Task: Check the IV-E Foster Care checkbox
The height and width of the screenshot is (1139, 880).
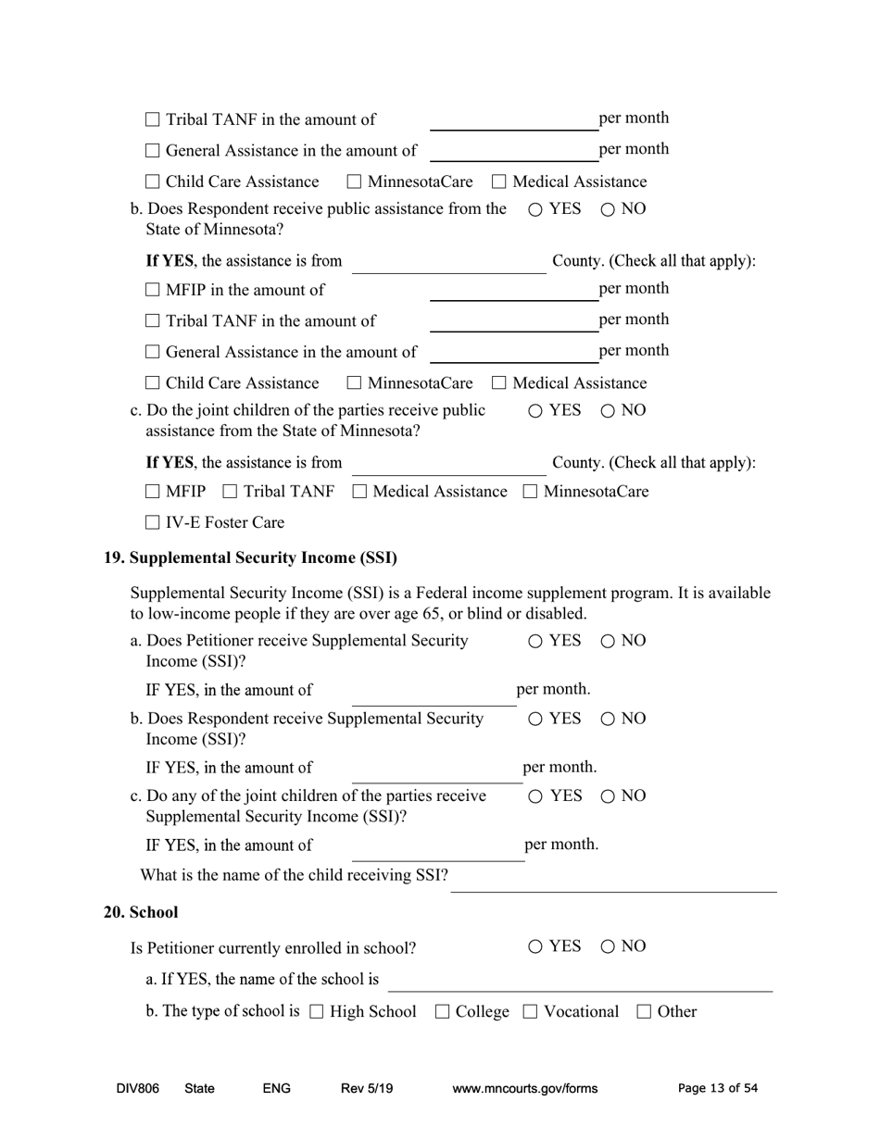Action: (x=153, y=523)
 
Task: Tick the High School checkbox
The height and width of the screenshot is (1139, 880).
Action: (x=317, y=1012)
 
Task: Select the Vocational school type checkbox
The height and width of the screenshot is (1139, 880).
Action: (x=531, y=1012)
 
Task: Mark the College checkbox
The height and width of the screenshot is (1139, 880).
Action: (x=443, y=1012)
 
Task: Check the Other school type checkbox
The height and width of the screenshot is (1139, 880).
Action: (x=645, y=1012)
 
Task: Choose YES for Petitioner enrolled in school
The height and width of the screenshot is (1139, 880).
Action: (x=536, y=946)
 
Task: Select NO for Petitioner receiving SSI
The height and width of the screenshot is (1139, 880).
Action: (x=608, y=641)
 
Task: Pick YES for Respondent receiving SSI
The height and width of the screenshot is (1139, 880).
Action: (x=536, y=719)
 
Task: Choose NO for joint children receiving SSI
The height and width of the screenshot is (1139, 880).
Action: (x=608, y=796)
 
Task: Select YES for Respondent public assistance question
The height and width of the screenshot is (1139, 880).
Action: (x=536, y=209)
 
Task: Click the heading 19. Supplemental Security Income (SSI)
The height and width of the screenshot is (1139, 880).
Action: (x=250, y=557)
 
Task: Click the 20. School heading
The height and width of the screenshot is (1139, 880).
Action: (x=141, y=912)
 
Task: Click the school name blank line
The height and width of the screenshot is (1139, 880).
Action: (x=579, y=981)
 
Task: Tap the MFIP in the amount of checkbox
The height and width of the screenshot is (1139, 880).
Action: (x=153, y=291)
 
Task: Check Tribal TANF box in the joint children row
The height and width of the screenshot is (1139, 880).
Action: (x=231, y=492)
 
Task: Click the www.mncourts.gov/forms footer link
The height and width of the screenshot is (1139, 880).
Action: (x=524, y=1089)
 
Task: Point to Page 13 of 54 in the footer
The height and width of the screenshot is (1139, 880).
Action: (x=717, y=1089)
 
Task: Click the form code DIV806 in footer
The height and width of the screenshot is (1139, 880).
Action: (x=138, y=1089)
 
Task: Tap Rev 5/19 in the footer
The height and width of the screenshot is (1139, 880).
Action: (x=367, y=1089)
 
